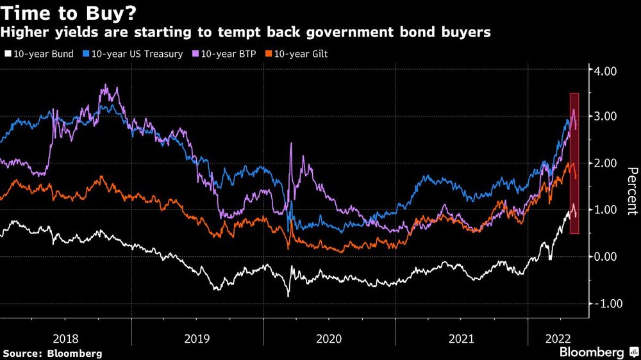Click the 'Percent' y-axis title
click(631, 190)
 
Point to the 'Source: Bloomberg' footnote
click(53, 353)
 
